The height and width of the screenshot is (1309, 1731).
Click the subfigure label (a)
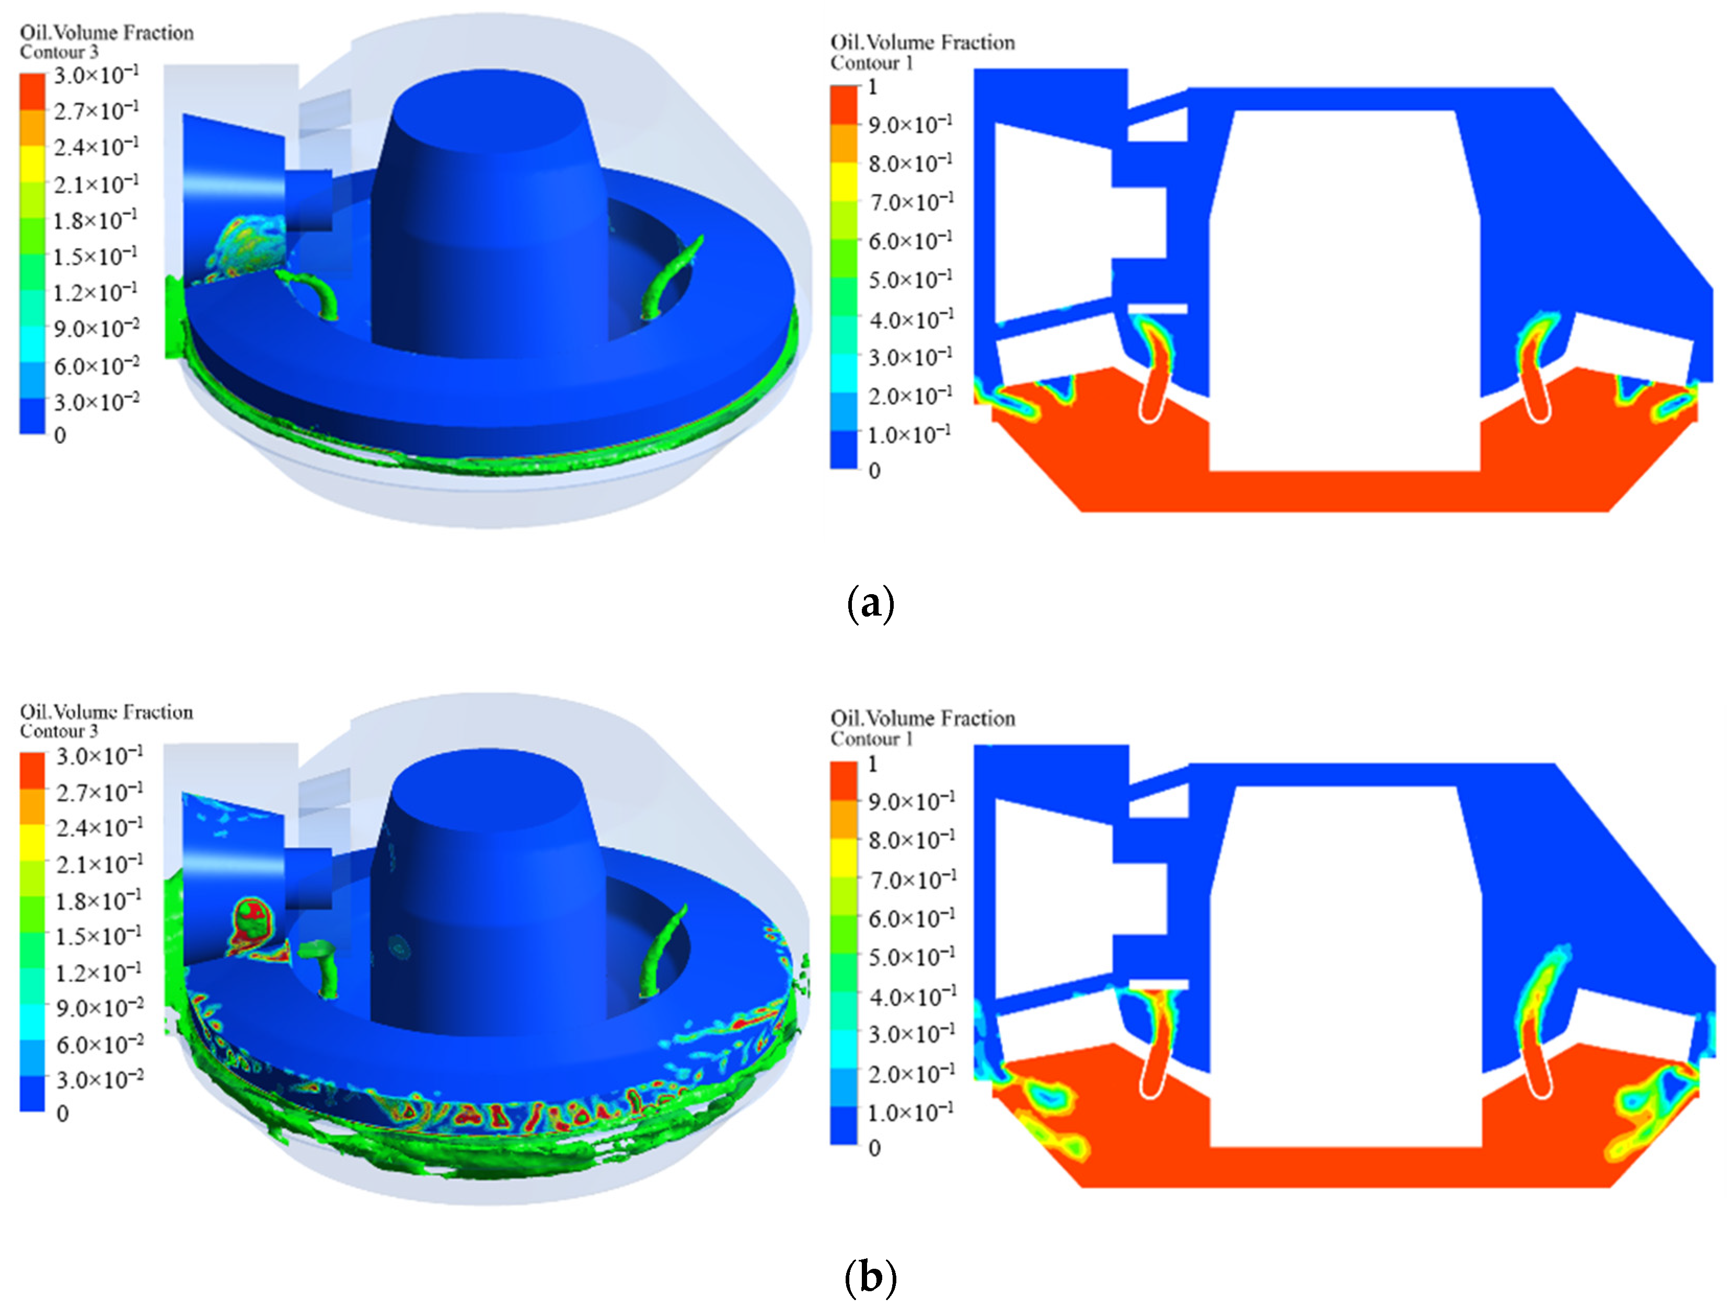click(870, 604)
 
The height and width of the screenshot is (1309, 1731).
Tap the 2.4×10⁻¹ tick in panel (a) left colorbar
click(96, 146)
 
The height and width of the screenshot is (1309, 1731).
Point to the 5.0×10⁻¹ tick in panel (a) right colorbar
click(910, 280)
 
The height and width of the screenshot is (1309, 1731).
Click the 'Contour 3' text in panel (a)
click(60, 52)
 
